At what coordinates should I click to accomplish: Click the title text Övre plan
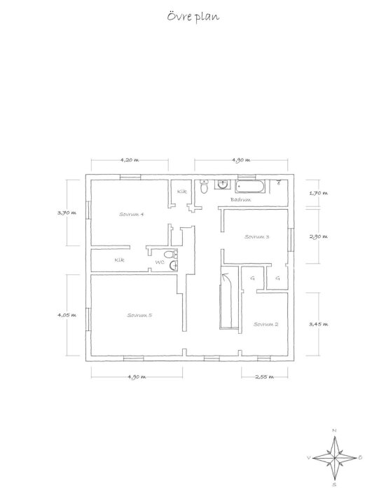click(x=193, y=17)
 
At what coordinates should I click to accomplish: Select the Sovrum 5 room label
click(x=139, y=315)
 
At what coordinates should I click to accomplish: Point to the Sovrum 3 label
click(x=257, y=236)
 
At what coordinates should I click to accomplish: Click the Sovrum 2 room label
click(x=266, y=324)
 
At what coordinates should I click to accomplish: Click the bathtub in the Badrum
click(x=250, y=187)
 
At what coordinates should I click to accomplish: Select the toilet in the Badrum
click(x=203, y=187)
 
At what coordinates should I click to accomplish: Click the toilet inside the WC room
click(x=167, y=255)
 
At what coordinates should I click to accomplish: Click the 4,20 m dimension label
click(x=130, y=160)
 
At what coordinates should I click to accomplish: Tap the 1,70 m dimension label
click(x=319, y=192)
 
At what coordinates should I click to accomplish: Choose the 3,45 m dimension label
click(x=319, y=324)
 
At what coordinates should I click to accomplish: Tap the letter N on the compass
click(x=335, y=430)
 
